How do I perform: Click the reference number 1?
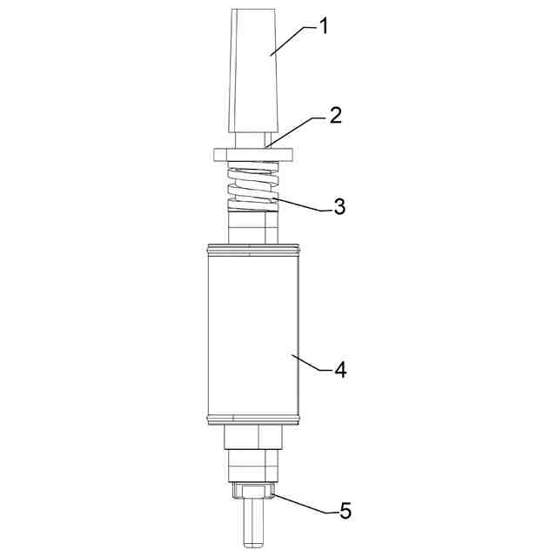pyautogui.click(x=323, y=27)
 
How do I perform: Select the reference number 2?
pyautogui.click(x=335, y=116)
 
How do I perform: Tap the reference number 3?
pyautogui.click(x=339, y=206)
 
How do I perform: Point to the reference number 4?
pyautogui.click(x=340, y=371)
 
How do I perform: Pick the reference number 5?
pyautogui.click(x=345, y=511)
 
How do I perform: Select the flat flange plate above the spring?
pyautogui.click(x=253, y=155)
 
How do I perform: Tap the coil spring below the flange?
pyautogui.click(x=253, y=186)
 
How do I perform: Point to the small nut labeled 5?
pyautogui.click(x=253, y=492)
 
